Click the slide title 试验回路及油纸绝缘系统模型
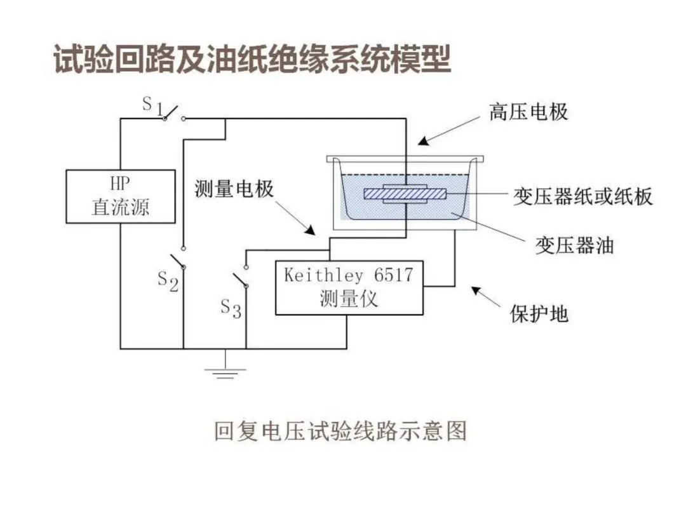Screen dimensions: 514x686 coord(252,61)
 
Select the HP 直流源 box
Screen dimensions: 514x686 coord(120,196)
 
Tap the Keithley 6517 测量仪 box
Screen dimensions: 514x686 coord(349,287)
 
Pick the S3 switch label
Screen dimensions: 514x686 coord(231,308)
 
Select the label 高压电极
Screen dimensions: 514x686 coord(528,112)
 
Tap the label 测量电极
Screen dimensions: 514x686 coord(234,188)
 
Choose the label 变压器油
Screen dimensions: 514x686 coord(574,245)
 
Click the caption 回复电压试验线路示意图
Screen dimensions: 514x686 coord(340,430)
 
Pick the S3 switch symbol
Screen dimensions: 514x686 coord(239,277)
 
